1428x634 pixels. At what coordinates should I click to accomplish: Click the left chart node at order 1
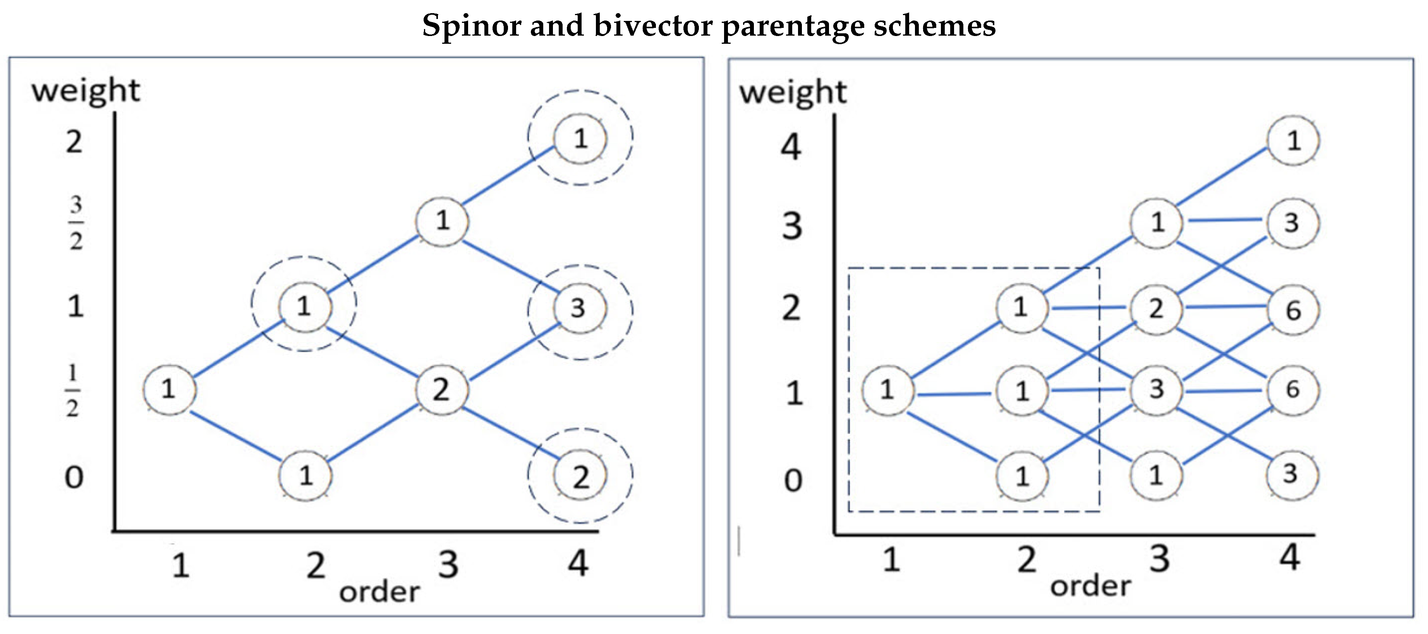(169, 389)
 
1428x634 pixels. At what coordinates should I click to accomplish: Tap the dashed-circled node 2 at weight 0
(580, 476)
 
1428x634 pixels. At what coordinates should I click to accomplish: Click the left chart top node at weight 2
(580, 138)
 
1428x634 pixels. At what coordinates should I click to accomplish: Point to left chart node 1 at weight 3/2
(442, 221)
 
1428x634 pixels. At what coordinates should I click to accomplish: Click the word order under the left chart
(380, 592)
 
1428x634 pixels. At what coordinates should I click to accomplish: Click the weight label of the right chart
(793, 93)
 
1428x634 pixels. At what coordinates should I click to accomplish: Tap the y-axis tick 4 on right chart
(791, 148)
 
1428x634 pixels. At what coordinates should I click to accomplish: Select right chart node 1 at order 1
(887, 390)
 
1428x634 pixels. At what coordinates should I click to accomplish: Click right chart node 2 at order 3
(1156, 308)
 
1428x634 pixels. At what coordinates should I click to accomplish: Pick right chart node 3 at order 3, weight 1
(1156, 389)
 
